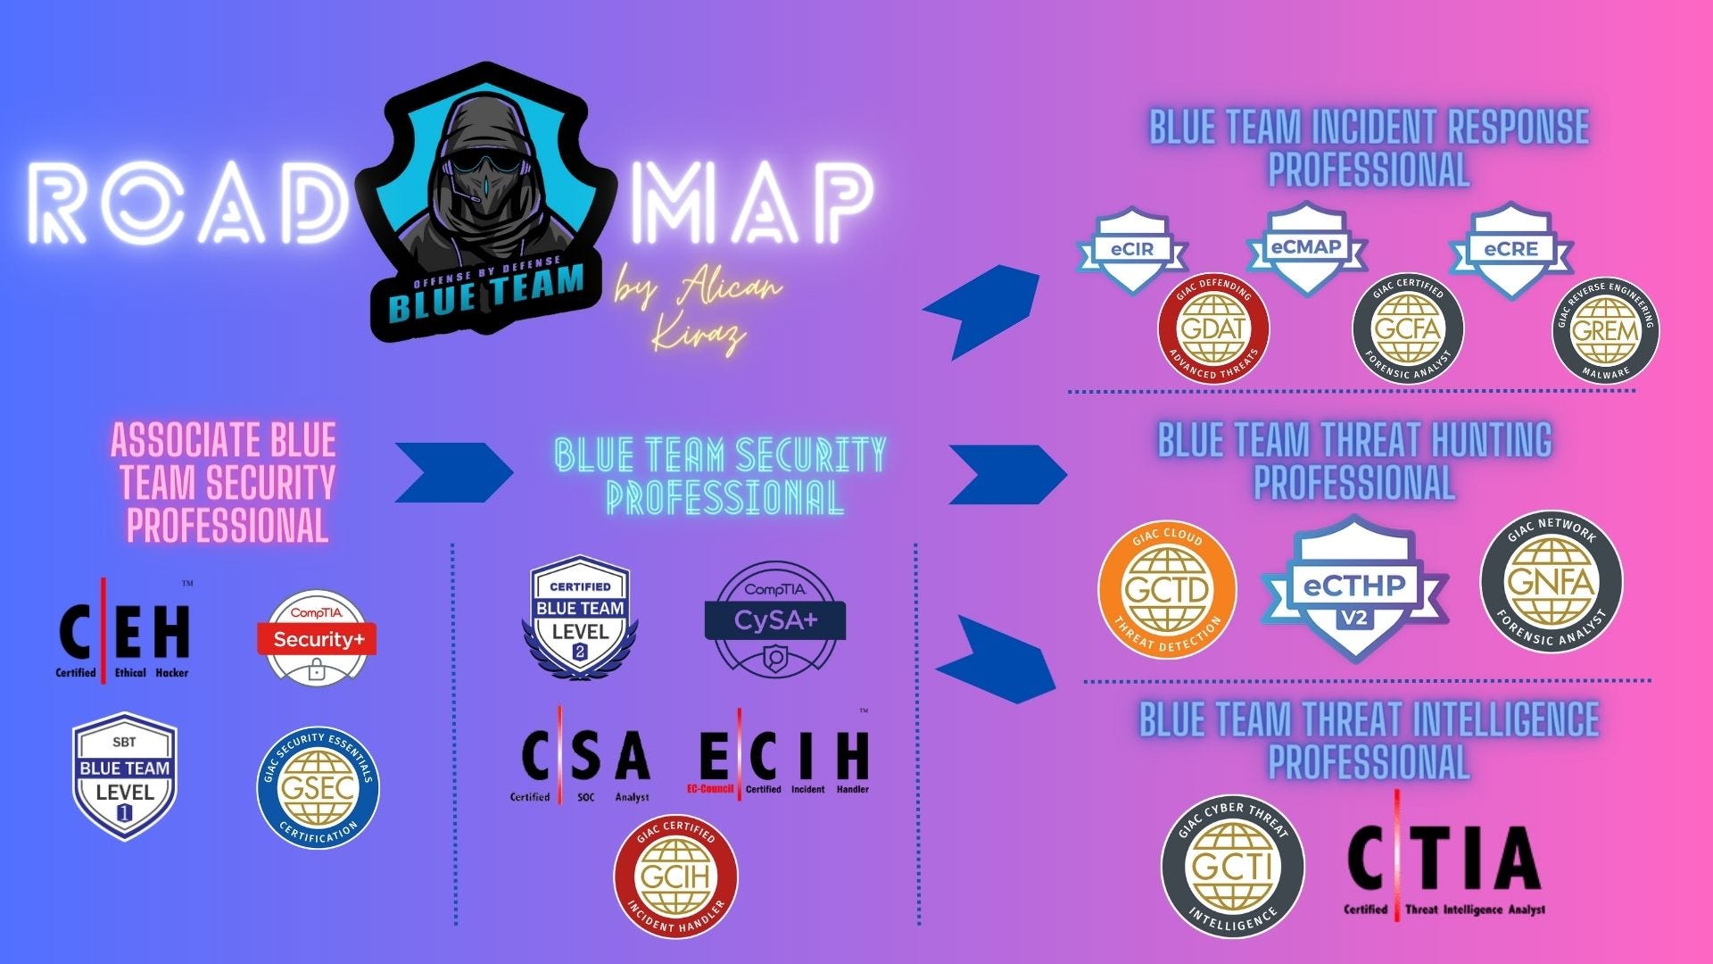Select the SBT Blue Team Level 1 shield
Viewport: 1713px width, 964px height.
(125, 776)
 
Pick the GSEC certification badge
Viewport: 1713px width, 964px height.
(319, 786)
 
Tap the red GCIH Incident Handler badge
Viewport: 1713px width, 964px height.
(675, 876)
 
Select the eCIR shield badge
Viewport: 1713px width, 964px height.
(1131, 251)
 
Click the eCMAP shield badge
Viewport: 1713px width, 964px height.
(1306, 247)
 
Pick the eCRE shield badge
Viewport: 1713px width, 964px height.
(1510, 250)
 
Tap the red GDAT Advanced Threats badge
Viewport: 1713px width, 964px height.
(1213, 328)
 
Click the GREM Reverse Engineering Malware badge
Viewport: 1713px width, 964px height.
(1605, 330)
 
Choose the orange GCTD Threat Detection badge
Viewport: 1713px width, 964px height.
(1167, 590)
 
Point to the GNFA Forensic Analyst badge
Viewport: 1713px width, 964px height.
(1552, 582)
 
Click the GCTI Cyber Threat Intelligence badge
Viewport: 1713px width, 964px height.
(1232, 867)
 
